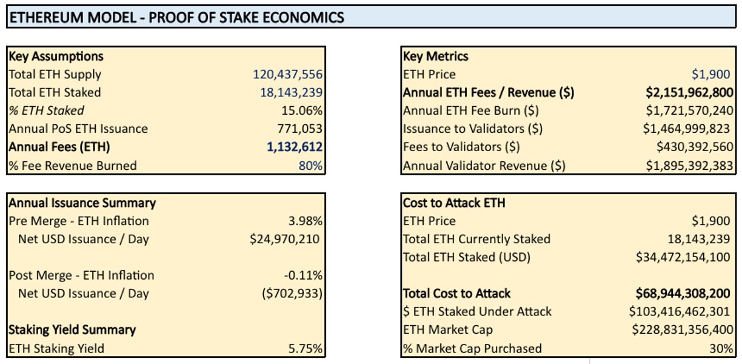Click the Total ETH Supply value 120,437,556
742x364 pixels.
[287, 75]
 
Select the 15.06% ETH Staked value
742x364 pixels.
[302, 111]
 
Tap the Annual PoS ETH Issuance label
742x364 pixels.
[78, 129]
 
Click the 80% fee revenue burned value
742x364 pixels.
[310, 166]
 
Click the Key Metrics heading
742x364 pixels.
[436, 56]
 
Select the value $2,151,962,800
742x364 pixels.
[689, 93]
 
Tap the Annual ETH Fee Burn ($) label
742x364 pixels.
[471, 111]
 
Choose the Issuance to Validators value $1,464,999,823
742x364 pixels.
[688, 129]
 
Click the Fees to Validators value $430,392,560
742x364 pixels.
[695, 147]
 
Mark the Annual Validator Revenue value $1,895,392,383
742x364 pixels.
[689, 166]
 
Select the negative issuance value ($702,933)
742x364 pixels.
[289, 294]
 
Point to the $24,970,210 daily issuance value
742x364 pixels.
[284, 239]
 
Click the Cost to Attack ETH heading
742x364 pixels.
[454, 203]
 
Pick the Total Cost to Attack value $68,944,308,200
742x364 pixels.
[683, 294]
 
